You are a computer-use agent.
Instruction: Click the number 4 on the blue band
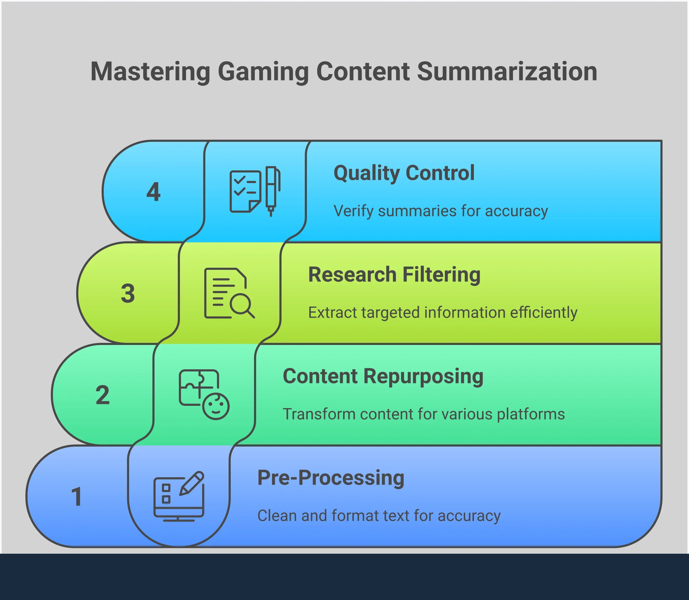point(154,192)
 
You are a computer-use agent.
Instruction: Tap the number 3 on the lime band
point(128,293)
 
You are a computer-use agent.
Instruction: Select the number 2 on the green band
point(102,395)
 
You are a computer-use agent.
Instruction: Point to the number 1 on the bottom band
point(77,497)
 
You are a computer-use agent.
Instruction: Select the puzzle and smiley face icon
point(204,394)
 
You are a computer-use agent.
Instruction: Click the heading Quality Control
point(404,173)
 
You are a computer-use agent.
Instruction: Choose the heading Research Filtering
point(394,275)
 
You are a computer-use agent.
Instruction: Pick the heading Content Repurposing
point(383,376)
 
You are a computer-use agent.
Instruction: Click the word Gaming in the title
point(263,72)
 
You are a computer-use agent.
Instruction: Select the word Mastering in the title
point(150,72)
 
